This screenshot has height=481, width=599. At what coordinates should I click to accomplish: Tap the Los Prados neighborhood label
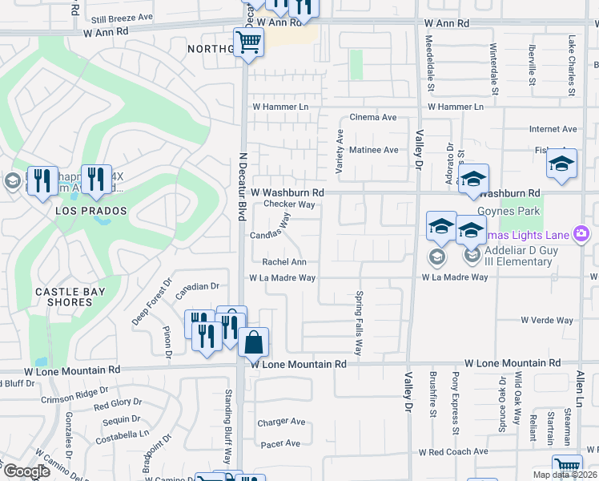91,211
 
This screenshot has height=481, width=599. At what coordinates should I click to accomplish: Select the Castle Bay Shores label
70,297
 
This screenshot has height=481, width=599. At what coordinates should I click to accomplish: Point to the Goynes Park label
504,211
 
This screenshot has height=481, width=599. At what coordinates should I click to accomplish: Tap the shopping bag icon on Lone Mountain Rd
253,342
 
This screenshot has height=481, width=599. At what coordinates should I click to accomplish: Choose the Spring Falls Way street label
359,323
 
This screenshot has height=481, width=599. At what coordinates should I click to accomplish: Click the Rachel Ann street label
284,262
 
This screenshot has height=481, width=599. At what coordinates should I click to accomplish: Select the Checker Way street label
288,204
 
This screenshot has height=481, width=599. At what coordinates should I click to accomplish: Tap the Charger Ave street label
281,422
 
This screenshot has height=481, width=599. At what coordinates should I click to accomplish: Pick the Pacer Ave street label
280,443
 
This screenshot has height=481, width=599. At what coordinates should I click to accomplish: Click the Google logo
26,471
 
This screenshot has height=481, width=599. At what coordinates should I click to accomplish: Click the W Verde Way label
547,321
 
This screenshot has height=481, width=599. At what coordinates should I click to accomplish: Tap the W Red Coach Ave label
453,452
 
